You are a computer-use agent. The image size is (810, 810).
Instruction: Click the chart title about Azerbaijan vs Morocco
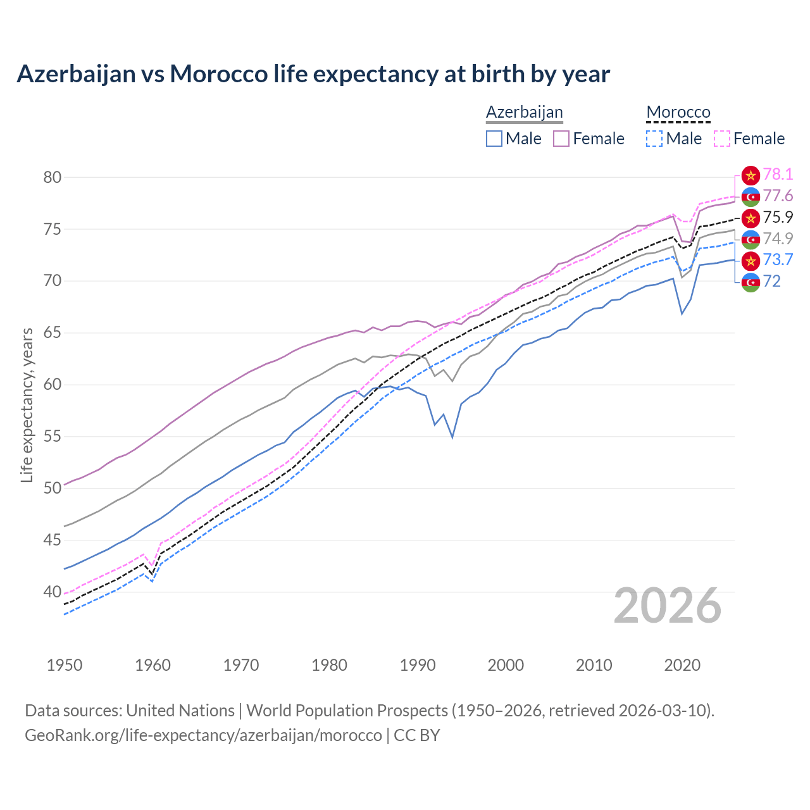[x=313, y=74]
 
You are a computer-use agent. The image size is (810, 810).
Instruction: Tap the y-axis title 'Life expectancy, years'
[x=27, y=405]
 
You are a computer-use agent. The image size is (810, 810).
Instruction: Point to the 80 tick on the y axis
[x=53, y=177]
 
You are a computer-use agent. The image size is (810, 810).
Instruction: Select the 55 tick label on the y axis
[x=53, y=437]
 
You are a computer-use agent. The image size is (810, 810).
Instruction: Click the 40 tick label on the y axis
[x=53, y=592]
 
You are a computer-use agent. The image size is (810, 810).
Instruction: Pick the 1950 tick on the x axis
[x=65, y=665]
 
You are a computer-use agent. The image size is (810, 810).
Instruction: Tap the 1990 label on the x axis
[x=418, y=665]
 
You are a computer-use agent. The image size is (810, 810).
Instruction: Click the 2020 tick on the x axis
[x=682, y=665]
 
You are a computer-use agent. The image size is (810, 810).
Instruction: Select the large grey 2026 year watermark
[x=668, y=606]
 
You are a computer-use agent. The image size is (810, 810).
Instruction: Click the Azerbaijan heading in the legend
[x=524, y=112]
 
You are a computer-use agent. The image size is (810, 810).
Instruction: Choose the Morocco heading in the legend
[x=678, y=112]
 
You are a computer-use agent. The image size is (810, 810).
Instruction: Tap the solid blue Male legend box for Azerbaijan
[x=494, y=139]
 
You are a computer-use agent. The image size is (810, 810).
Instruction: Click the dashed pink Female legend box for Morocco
[x=722, y=139]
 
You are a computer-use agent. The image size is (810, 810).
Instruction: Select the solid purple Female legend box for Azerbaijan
[x=561, y=139]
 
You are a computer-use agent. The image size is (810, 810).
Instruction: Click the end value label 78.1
[x=778, y=175]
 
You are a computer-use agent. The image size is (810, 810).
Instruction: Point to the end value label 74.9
[x=778, y=239]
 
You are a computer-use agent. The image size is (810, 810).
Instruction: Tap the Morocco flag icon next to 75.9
[x=751, y=218]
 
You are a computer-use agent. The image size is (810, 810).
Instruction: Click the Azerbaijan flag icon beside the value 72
[x=751, y=282]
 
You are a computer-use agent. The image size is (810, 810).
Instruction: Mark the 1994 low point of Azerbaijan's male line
[x=452, y=437]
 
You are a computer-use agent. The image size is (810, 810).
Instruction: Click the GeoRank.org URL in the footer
[x=203, y=735]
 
